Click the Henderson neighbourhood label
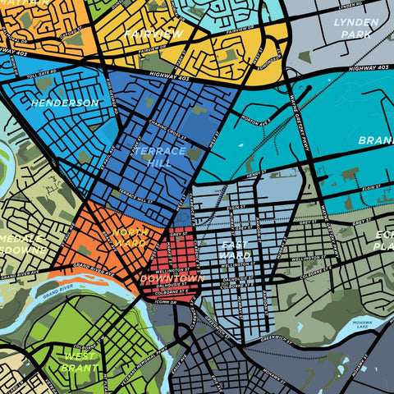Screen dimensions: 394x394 (x=64, y=103)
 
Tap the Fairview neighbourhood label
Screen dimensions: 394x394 (x=153, y=34)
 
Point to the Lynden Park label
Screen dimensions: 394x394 (x=357, y=28)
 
